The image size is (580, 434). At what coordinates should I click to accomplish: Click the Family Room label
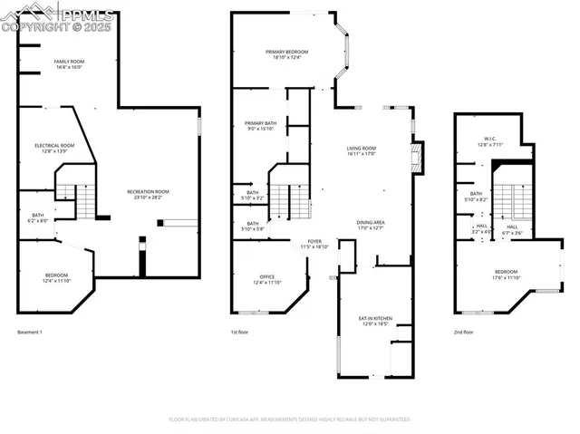68,64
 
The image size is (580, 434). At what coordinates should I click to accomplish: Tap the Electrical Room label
54,149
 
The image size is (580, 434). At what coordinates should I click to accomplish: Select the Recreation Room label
149,194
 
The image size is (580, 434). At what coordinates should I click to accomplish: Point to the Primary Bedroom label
283,55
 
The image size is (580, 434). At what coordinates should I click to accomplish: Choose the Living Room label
361,151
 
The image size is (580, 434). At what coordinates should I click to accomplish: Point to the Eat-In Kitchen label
374,320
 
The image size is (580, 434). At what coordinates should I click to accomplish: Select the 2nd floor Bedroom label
506,275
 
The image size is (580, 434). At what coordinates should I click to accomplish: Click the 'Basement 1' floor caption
30,333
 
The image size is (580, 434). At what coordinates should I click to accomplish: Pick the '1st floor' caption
239,333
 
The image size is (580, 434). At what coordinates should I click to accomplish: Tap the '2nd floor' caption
463,333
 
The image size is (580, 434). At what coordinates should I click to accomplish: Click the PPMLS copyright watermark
58,19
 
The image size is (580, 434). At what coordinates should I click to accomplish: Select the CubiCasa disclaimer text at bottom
290,420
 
